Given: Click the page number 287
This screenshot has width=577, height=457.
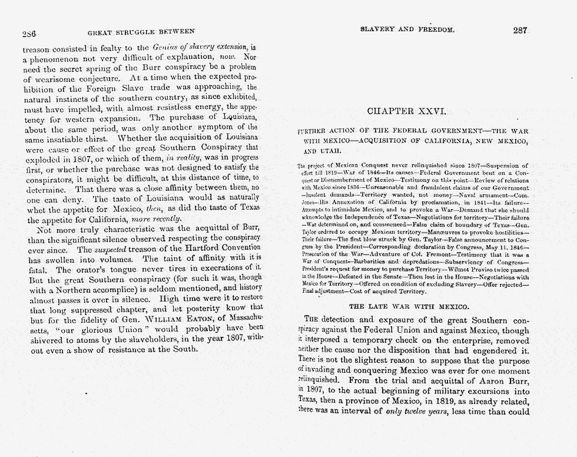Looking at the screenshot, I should click(520, 31).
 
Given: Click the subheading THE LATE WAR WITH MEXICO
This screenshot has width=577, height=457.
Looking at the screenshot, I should click(409, 306).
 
